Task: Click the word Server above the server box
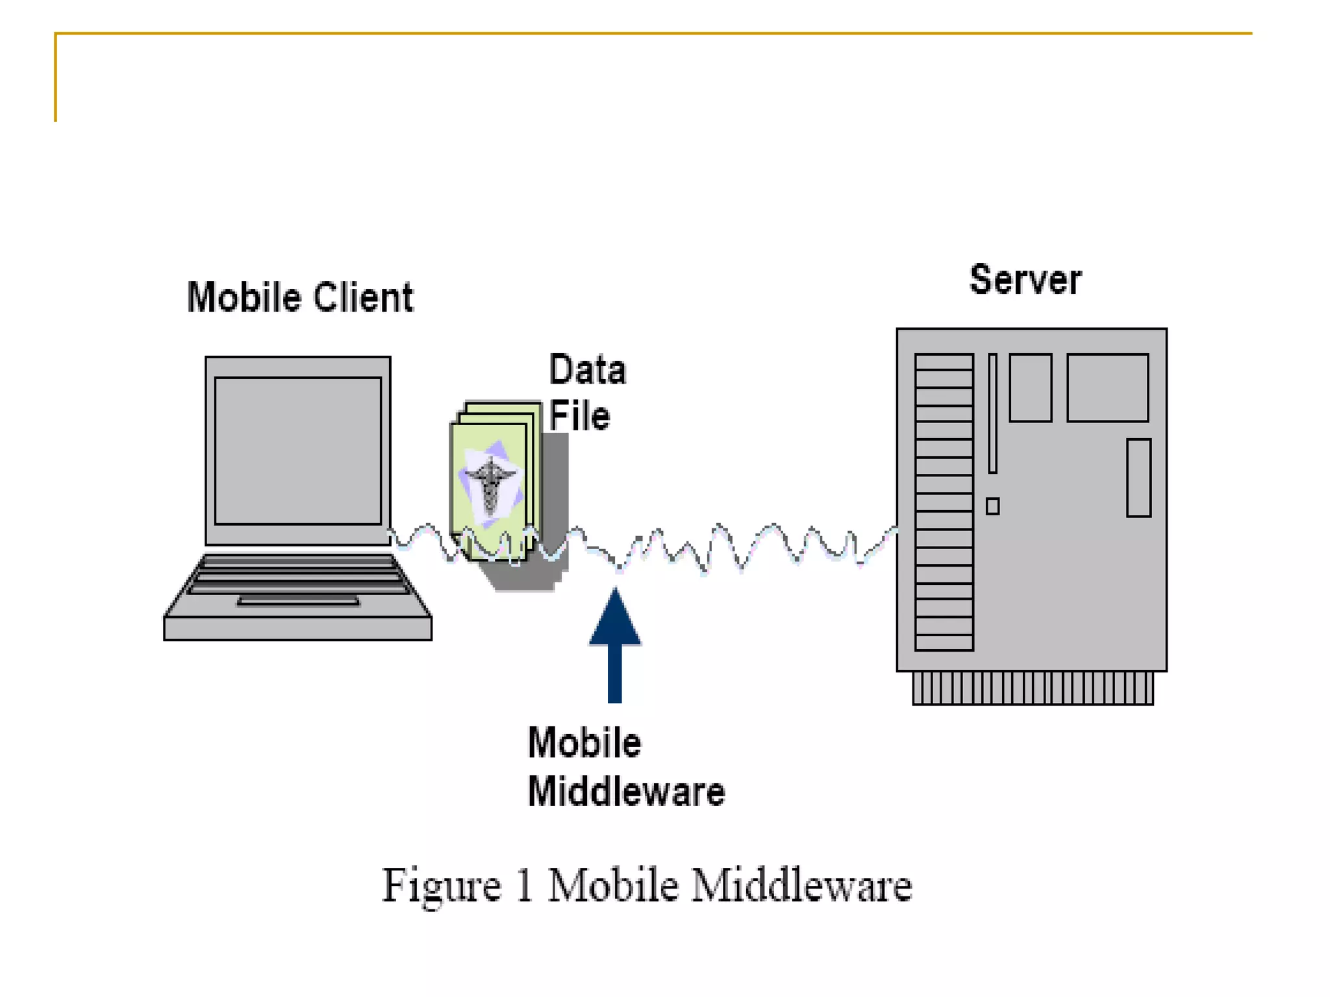pos(1025,280)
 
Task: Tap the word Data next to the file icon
pos(587,370)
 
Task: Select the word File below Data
pos(579,416)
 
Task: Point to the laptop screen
pos(297,450)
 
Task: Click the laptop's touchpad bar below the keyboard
pos(298,601)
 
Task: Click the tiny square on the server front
pos(992,506)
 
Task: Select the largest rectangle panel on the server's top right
pos(1107,388)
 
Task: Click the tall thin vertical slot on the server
pos(992,413)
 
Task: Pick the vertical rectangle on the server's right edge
pos(1138,478)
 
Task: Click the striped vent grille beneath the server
pos(1033,688)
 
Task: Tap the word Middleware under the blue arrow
pos(626,792)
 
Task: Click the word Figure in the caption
pos(441,885)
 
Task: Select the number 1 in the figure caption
pos(524,885)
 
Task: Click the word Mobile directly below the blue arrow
pos(584,743)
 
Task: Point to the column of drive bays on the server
pos(944,502)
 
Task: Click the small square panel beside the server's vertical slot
pos(1030,388)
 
